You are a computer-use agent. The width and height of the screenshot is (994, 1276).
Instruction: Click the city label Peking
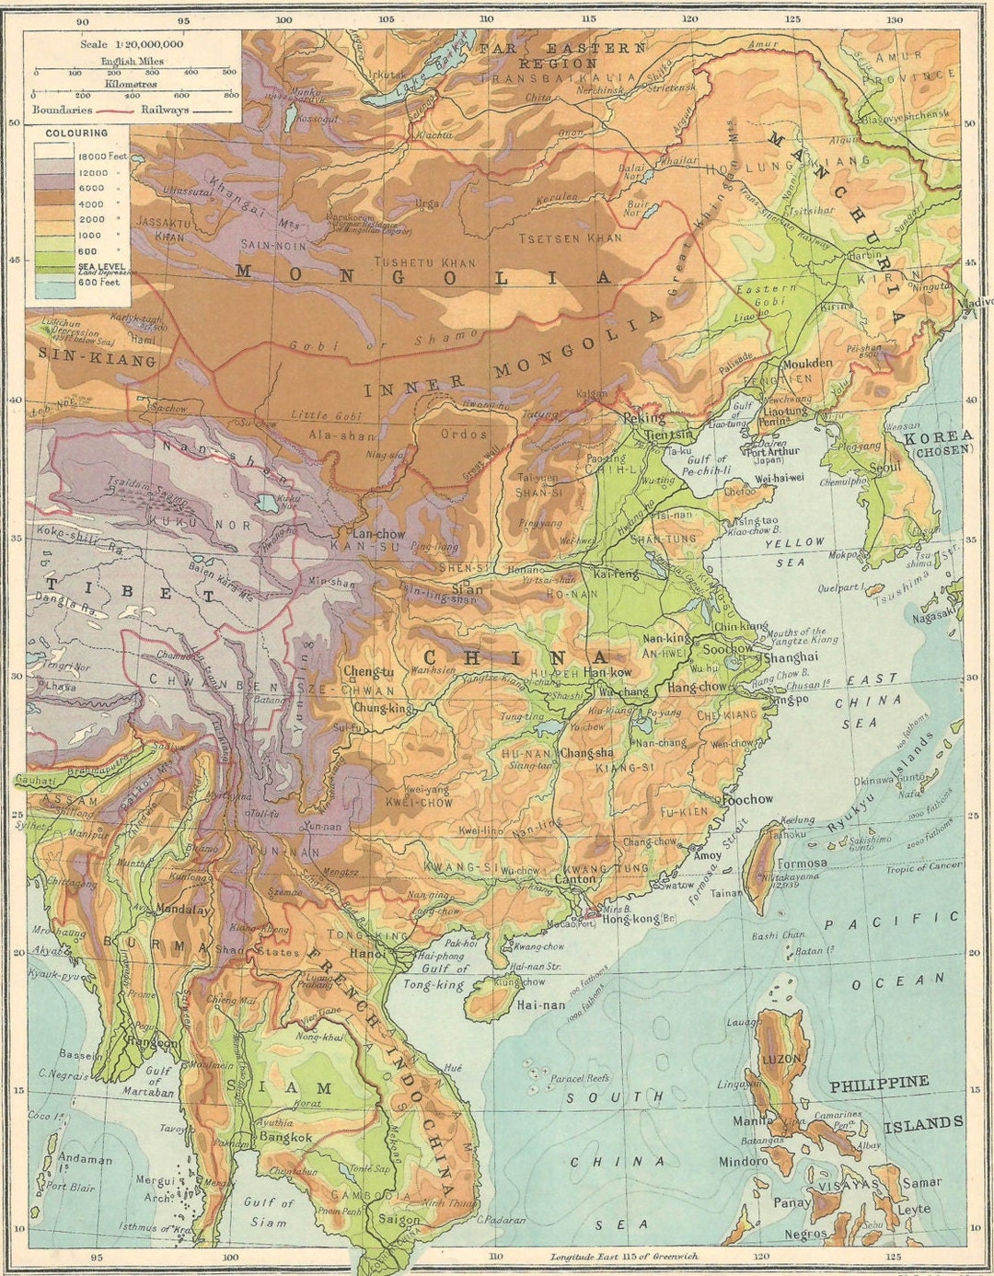(x=643, y=418)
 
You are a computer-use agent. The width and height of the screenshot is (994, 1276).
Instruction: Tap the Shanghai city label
(x=791, y=656)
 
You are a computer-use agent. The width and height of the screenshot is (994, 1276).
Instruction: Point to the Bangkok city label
(x=285, y=1137)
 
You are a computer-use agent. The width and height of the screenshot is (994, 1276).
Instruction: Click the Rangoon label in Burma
(x=154, y=1042)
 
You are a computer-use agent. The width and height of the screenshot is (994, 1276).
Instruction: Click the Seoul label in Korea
(x=884, y=467)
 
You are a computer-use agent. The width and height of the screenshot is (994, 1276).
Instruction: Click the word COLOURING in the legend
(x=76, y=133)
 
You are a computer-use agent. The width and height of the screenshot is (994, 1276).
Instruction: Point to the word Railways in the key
(x=165, y=109)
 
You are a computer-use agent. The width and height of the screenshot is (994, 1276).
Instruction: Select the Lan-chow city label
(x=377, y=533)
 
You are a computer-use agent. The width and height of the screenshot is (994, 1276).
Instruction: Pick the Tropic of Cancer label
(x=923, y=867)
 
